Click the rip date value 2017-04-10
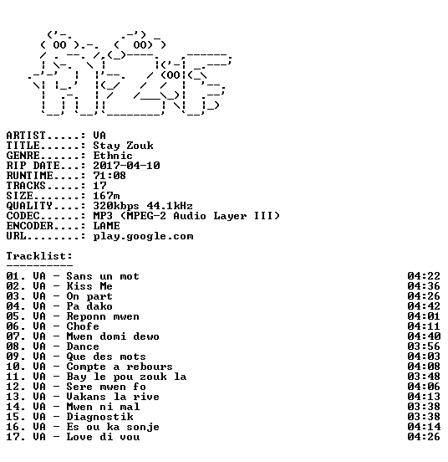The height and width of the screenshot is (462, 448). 126,165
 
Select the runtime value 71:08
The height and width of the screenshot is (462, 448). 109,175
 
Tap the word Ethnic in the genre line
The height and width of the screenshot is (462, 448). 113,156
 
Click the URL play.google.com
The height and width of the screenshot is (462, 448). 143,236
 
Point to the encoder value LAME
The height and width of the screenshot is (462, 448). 106,226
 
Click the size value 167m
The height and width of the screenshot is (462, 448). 106,195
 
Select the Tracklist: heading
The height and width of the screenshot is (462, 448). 39,256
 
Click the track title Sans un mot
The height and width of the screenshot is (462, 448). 103,276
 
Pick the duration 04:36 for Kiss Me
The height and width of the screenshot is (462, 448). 424,286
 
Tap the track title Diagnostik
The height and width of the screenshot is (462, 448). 99,417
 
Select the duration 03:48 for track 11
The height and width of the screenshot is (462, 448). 424,377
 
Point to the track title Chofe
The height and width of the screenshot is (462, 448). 83,326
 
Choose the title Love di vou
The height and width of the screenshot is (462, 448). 103,437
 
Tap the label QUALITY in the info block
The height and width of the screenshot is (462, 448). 29,205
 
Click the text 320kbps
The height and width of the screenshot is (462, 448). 116,206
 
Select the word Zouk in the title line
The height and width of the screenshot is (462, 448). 140,146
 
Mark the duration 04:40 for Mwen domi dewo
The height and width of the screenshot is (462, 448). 424,336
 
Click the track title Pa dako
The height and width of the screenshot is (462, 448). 89,306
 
